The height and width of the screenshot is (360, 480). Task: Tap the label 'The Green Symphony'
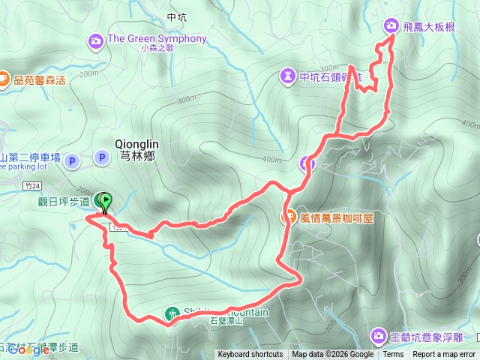coord(157,39)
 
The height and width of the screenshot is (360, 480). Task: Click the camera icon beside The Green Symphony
coord(96,40)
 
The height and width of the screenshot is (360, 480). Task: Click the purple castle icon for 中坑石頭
coord(288,76)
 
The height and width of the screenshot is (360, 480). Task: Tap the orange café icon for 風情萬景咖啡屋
coord(288,217)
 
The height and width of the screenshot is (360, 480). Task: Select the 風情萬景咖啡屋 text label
coord(337,217)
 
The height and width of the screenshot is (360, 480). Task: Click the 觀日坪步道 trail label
coord(64,201)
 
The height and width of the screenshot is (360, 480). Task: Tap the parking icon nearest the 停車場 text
coord(72,160)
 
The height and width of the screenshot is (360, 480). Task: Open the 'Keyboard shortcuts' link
coord(250,355)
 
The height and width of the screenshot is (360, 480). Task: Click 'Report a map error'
coord(444,355)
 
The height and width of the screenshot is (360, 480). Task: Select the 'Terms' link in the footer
coord(393,355)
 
